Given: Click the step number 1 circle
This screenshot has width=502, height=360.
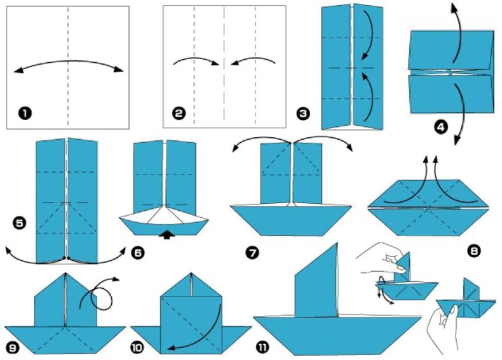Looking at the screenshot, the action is [x=25, y=113].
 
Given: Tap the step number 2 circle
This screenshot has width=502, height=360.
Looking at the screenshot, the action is [x=179, y=113].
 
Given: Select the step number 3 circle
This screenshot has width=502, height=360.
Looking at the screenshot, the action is [x=303, y=114].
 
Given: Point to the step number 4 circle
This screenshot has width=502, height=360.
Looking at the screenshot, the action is [x=441, y=128].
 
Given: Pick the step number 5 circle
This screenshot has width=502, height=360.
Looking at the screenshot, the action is [x=19, y=222].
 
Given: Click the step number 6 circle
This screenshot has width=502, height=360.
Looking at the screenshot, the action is [x=138, y=253].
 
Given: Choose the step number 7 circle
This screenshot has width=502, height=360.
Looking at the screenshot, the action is [x=253, y=253].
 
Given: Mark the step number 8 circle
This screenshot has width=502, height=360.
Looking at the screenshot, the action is [x=474, y=250].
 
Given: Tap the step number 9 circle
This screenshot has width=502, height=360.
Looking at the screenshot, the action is [x=13, y=347].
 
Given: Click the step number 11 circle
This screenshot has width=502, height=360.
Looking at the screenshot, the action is [x=262, y=347].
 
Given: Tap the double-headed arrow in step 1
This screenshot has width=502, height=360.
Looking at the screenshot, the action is [x=68, y=61].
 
